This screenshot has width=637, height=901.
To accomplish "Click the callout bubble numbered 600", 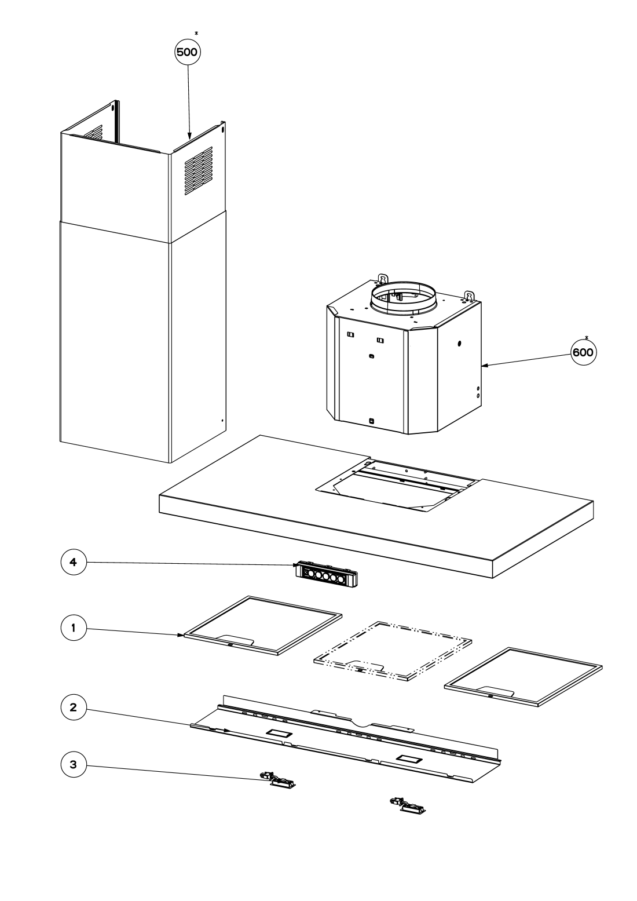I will click(584, 352).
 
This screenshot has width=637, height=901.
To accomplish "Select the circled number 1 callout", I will click(74, 628).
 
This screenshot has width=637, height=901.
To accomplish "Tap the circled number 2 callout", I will click(74, 707).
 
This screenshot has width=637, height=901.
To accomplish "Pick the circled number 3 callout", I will click(74, 764).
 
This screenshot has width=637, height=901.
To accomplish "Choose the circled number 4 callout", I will click(74, 562).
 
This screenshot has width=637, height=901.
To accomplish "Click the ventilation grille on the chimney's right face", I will click(198, 170).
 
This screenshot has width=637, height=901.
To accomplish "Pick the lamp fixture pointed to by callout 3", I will click(280, 781).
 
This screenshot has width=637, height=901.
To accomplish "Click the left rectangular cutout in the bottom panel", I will click(279, 734).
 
